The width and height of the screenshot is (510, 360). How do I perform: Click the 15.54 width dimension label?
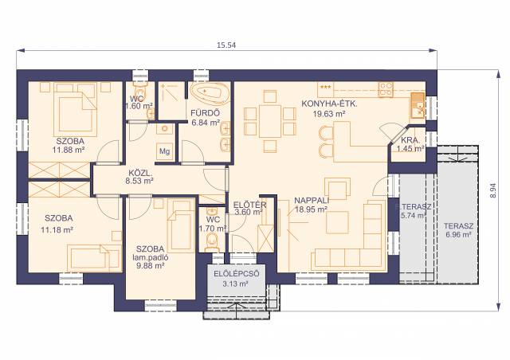coord(226,45)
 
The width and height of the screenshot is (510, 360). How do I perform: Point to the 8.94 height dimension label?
coord(493,191)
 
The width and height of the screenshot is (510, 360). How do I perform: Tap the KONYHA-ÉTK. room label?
coord(329,104)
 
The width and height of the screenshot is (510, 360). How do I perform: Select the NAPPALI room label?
coord(312,201)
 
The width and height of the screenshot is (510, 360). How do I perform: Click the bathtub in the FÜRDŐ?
coord(210,94)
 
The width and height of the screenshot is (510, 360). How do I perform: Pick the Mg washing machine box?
coord(165,151)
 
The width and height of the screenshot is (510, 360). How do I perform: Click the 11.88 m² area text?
coord(69,150)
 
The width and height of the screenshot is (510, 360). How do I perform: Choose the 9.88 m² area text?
coord(151,266)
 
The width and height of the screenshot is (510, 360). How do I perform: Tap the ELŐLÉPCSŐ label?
coord(237,274)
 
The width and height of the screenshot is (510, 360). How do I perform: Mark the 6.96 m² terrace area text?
coord(459,234)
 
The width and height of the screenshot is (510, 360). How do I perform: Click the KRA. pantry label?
coord(410,140)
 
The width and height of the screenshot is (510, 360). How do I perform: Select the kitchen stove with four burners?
coord(386,89)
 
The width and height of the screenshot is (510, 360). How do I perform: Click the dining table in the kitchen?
coord(270,121)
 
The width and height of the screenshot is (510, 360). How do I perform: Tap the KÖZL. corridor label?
coord(140,173)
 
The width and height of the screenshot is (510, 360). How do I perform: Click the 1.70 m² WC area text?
coord(213,229)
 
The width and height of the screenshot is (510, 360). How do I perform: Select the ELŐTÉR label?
coord(249,205)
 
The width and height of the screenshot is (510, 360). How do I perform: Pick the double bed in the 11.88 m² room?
coord(76,108)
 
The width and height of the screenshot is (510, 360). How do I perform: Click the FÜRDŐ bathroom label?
coord(206,113)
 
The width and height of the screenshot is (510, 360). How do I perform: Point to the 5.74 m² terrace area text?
coord(413,215)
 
